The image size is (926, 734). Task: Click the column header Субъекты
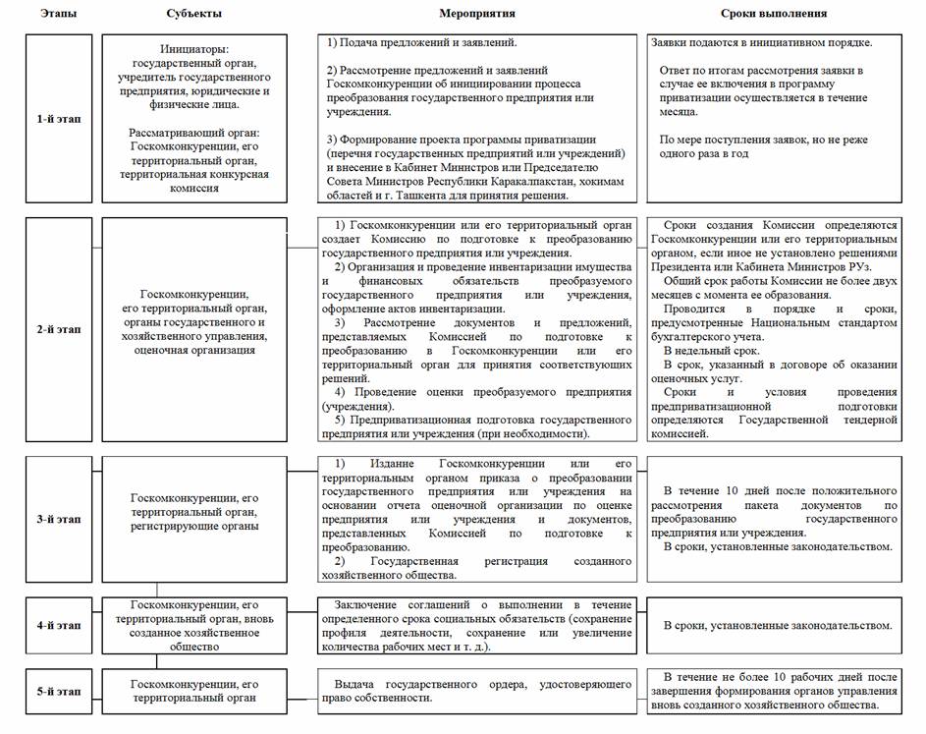tap(194, 14)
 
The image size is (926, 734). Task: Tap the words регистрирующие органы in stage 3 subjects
tap(193, 526)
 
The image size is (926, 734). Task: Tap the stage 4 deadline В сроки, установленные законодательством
tap(778, 625)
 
